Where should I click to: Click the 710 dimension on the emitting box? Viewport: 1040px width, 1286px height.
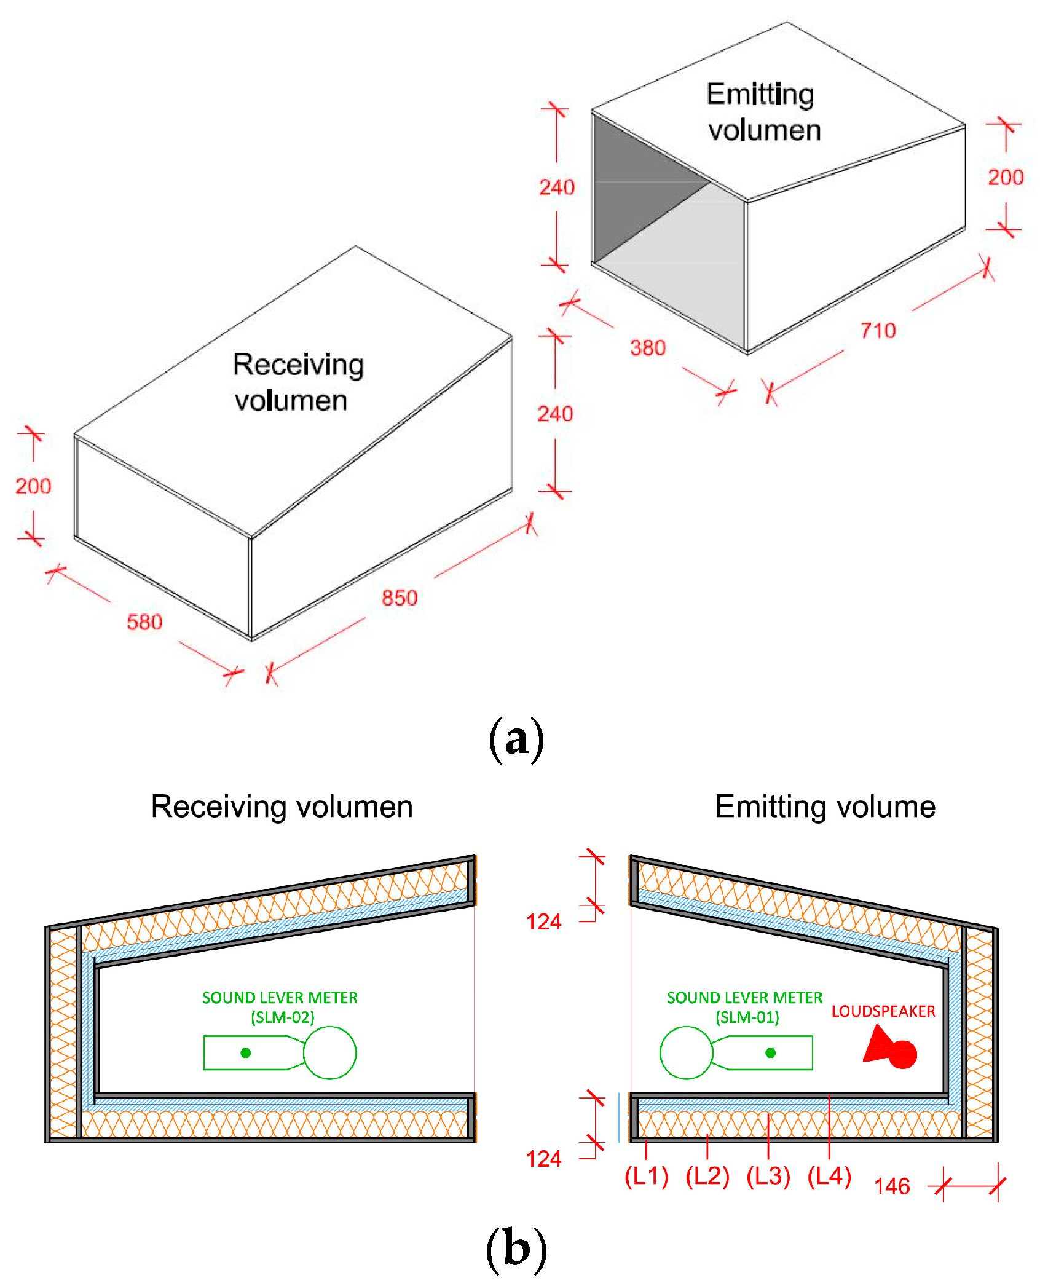point(878,331)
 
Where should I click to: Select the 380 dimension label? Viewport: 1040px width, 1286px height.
point(648,348)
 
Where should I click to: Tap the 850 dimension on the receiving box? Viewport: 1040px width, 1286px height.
point(400,598)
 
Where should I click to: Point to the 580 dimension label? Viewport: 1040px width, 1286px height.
point(144,622)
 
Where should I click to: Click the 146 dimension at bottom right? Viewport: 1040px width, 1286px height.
point(892,1186)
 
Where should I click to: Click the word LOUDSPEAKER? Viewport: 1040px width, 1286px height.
point(883,1011)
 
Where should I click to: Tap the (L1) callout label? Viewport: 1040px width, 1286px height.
point(646,1176)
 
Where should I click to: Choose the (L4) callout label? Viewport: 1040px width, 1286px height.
point(829,1176)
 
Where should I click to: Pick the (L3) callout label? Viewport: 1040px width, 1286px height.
point(768,1176)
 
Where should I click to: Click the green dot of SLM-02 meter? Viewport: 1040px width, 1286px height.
point(246,1053)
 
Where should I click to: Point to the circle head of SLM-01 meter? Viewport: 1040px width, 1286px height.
point(685,1053)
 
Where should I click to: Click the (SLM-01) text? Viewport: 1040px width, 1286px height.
point(747,1017)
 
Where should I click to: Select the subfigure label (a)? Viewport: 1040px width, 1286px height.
point(516,739)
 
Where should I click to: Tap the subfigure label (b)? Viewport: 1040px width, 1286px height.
point(516,1249)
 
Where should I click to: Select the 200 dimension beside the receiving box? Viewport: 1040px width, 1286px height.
point(33,486)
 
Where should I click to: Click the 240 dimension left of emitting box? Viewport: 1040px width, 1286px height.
point(557,187)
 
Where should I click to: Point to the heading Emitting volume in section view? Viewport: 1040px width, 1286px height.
point(825,807)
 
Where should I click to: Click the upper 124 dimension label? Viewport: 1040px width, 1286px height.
point(543,922)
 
